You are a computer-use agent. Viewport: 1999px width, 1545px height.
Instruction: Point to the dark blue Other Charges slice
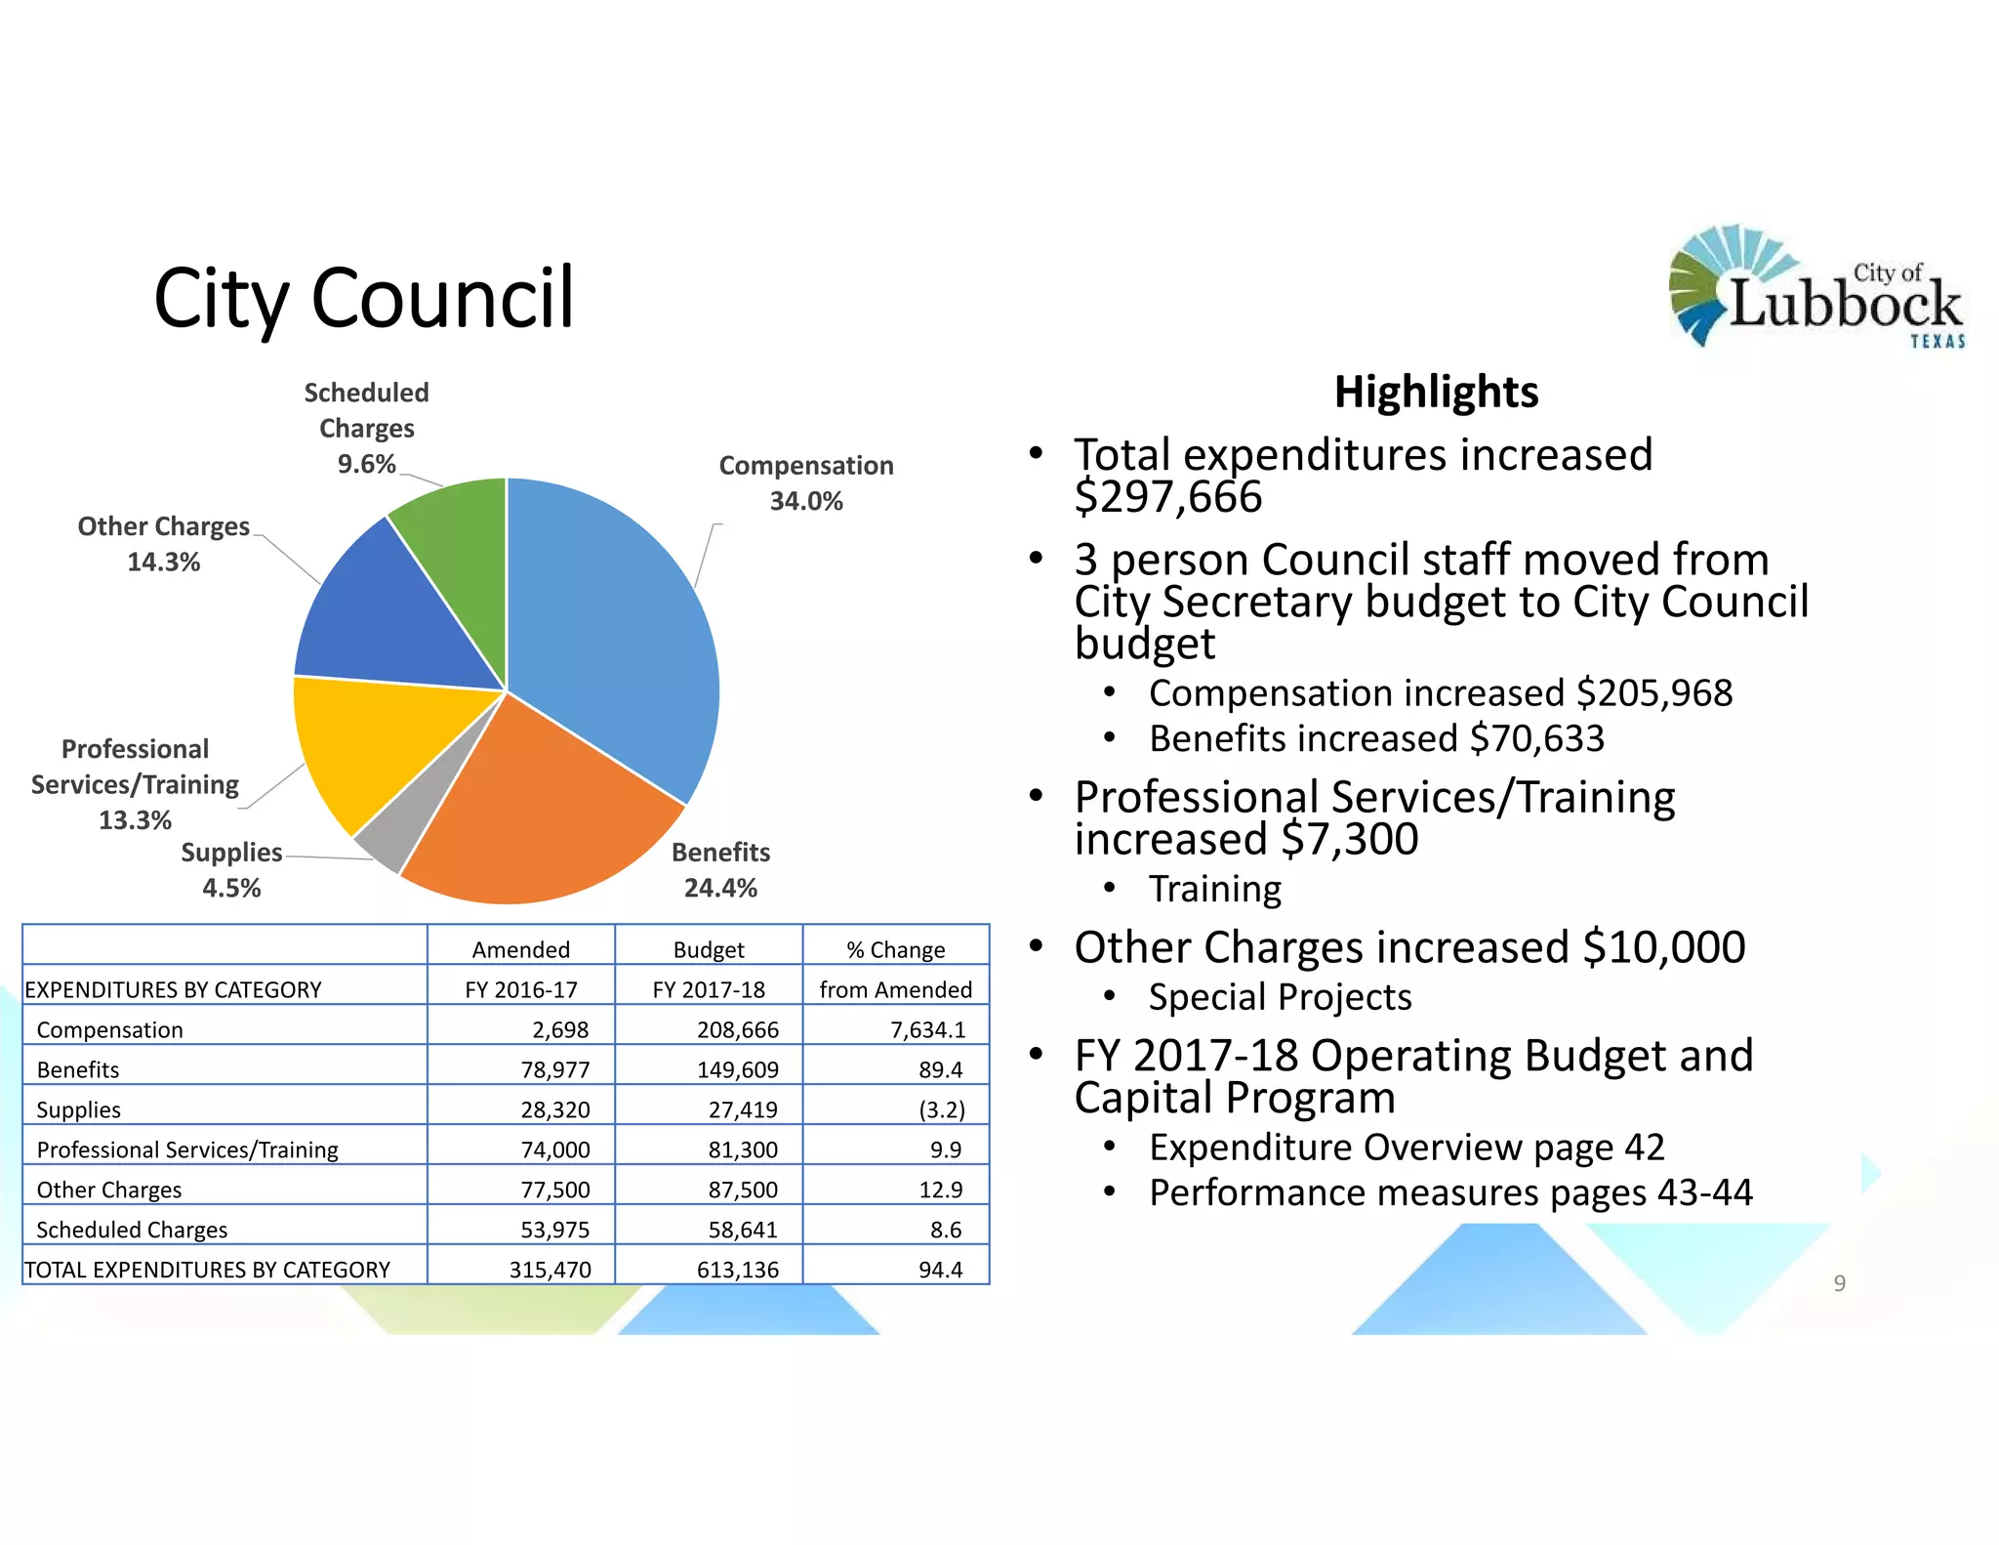tap(390, 615)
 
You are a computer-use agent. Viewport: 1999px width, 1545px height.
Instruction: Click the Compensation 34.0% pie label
tap(806, 483)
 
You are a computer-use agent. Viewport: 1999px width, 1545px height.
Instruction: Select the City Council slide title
tap(363, 298)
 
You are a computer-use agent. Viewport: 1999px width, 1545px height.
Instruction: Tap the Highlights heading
tap(1436, 393)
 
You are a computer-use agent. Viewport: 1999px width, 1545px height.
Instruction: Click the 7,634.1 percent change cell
tap(927, 1030)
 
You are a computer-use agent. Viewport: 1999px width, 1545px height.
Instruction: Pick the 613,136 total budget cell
tap(738, 1270)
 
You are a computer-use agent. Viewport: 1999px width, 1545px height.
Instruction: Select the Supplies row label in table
tap(79, 1110)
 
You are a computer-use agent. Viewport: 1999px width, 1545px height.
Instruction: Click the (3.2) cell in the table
tap(941, 1110)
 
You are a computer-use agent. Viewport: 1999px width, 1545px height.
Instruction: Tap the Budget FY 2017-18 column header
tap(709, 969)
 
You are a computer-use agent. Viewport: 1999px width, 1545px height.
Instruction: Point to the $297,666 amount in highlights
tap(1168, 498)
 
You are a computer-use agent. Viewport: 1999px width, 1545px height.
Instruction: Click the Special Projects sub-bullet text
tap(1280, 998)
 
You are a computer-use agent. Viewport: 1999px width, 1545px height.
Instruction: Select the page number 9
tap(1839, 1283)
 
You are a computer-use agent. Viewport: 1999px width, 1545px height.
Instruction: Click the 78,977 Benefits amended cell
tap(554, 1070)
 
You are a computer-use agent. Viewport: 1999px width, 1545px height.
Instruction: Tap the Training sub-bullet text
tap(1215, 890)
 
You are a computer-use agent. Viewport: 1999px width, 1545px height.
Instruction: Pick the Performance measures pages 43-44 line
tap(1450, 1193)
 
